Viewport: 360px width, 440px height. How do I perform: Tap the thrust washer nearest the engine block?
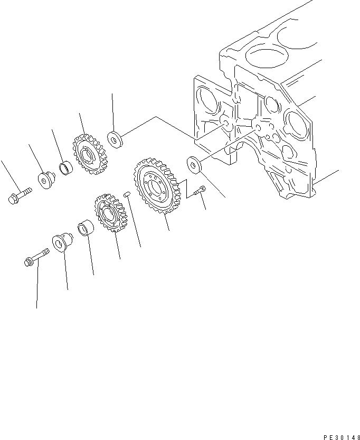click(x=195, y=164)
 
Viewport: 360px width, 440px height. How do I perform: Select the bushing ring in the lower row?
click(x=86, y=229)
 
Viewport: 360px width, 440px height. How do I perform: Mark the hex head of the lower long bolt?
click(x=30, y=261)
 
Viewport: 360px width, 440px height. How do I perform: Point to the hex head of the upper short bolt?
click(x=13, y=199)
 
